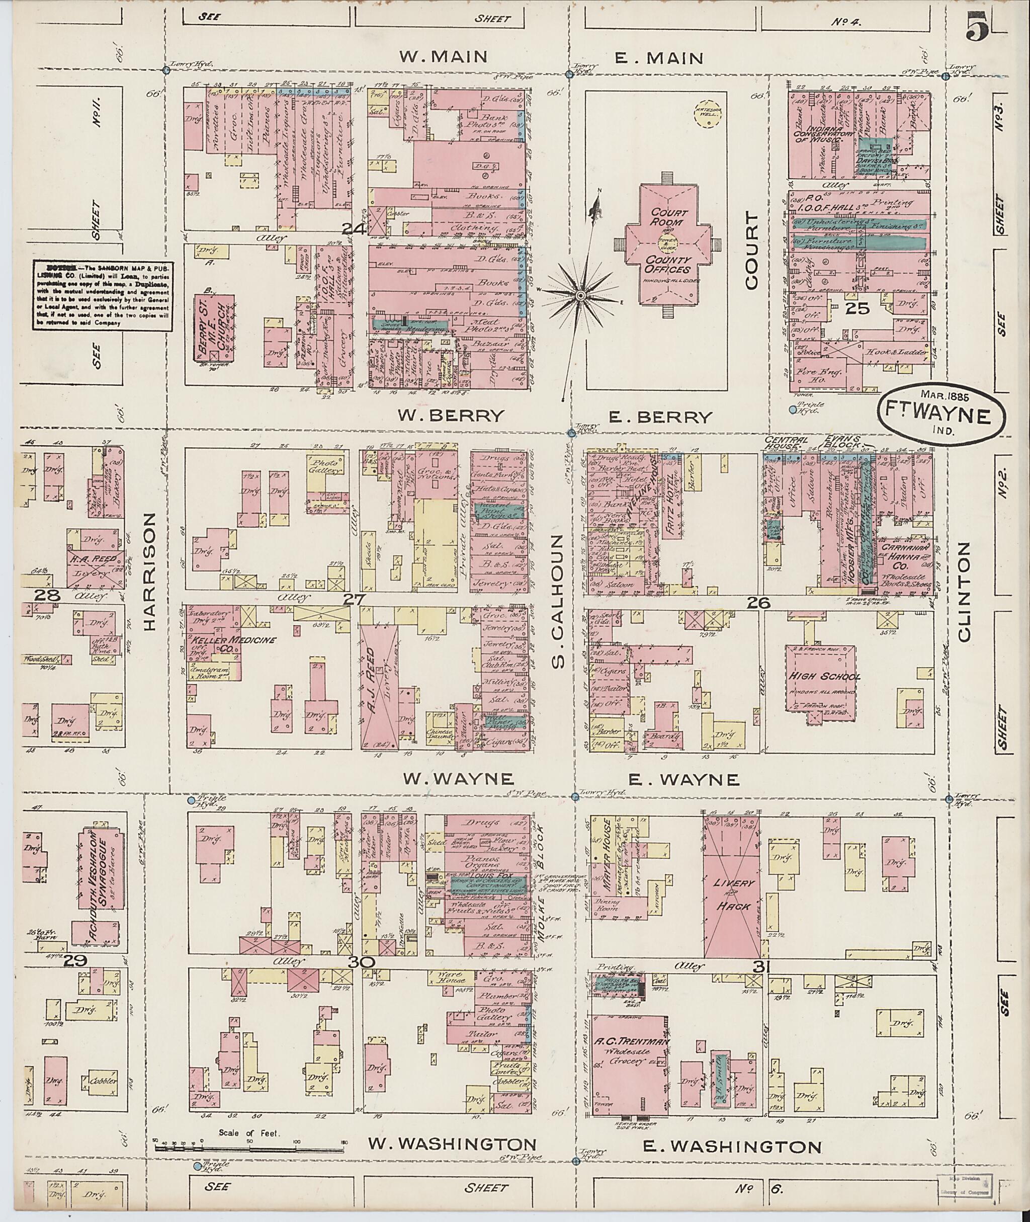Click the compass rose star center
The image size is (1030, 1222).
click(x=580, y=296)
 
